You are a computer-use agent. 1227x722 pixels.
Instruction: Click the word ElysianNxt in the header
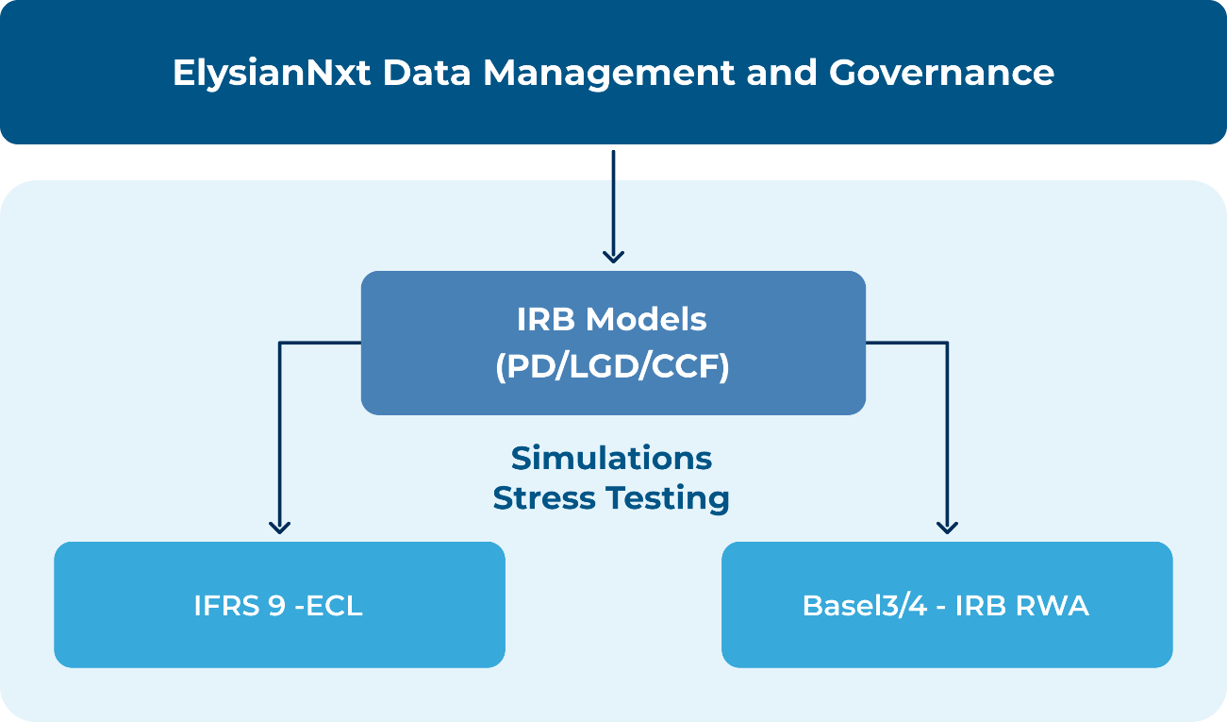tap(272, 74)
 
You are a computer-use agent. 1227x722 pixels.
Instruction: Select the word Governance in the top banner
tap(941, 73)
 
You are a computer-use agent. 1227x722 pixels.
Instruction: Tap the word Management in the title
tap(608, 74)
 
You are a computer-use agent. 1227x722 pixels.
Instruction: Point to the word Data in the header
tap(426, 73)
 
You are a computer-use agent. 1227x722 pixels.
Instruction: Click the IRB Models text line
tap(612, 319)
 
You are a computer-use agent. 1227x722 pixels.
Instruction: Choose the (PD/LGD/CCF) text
tap(612, 366)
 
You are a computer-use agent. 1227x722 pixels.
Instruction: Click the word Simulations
tap(611, 459)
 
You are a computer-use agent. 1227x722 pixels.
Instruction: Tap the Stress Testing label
tap(611, 498)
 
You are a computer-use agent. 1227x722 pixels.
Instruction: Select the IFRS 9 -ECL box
tap(279, 605)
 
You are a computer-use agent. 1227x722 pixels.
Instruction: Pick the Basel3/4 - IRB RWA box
tap(947, 605)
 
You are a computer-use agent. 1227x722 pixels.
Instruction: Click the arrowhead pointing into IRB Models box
tap(613, 257)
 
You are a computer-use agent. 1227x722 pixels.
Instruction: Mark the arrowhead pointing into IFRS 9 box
tap(279, 528)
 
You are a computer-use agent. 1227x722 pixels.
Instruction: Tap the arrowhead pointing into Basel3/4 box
tap(947, 528)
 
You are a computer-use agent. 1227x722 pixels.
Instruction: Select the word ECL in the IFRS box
tap(334, 606)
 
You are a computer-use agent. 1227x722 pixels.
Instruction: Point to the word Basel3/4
tap(865, 606)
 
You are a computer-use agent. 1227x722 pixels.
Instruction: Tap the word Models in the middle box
tap(646, 319)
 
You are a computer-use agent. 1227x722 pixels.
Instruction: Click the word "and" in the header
tap(781, 73)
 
